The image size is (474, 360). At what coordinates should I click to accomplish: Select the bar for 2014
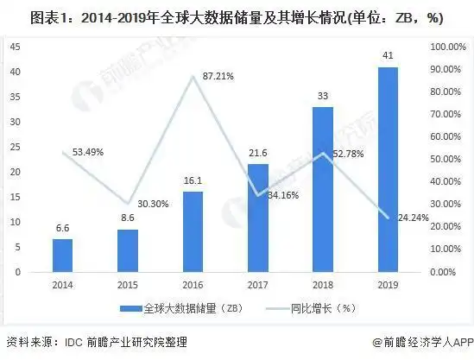pyautogui.click(x=61, y=255)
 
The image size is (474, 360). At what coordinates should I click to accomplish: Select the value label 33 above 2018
pyautogui.click(x=322, y=98)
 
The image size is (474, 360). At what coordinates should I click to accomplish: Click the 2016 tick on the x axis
pyautogui.click(x=192, y=283)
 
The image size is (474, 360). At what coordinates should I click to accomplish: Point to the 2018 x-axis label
pyautogui.click(x=322, y=283)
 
